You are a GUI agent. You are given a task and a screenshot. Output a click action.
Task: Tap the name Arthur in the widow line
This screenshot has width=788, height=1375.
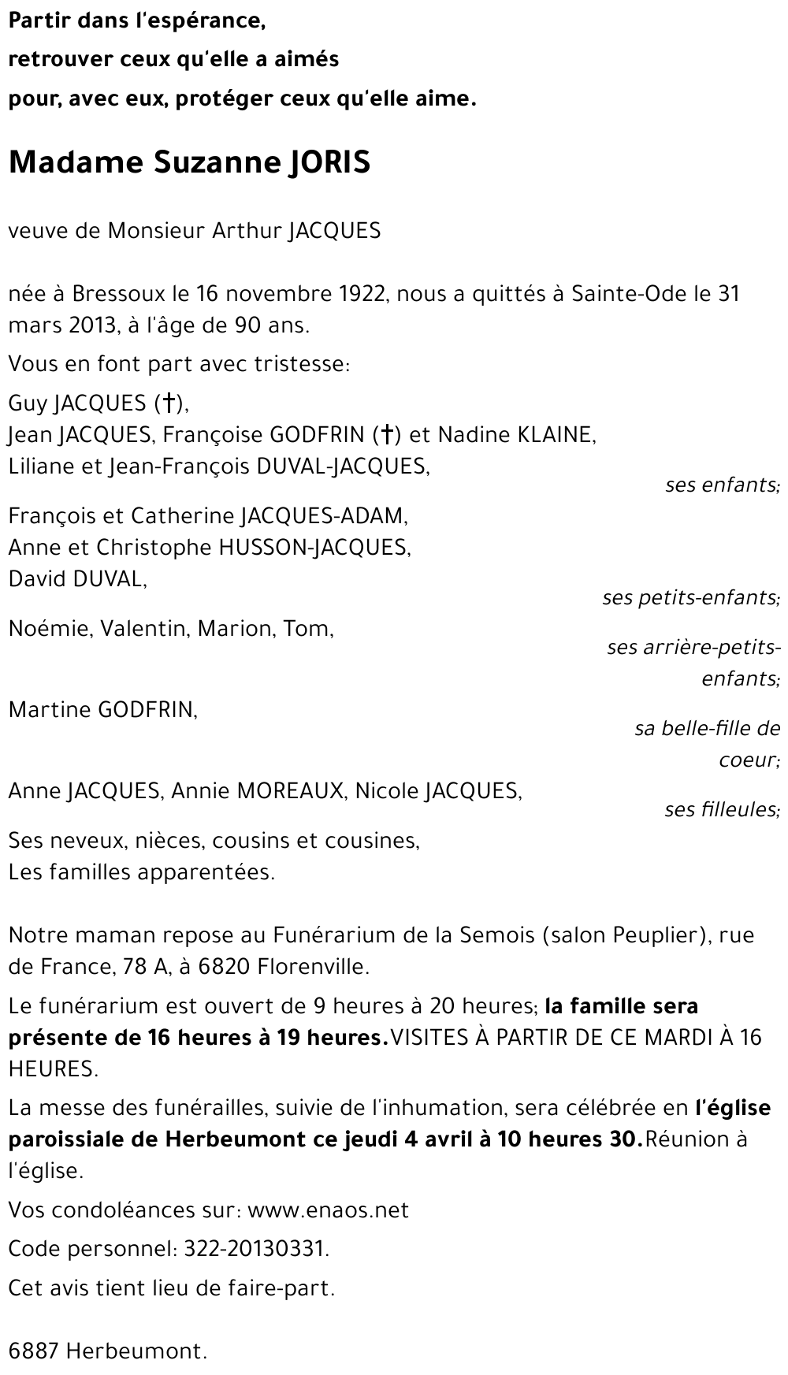(x=247, y=231)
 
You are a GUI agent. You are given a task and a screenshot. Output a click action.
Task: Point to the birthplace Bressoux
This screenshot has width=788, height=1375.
(x=120, y=294)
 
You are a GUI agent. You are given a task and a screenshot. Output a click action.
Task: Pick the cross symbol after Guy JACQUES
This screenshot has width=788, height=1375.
(x=168, y=403)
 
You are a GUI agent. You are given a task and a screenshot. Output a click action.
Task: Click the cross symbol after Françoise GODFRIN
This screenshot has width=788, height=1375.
(x=386, y=435)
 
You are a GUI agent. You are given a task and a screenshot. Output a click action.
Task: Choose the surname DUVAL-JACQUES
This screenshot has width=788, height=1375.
(x=343, y=466)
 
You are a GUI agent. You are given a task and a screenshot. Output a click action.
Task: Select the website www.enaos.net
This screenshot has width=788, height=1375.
(x=328, y=1210)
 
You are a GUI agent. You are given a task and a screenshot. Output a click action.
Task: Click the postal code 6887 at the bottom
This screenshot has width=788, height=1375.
(x=33, y=1352)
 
